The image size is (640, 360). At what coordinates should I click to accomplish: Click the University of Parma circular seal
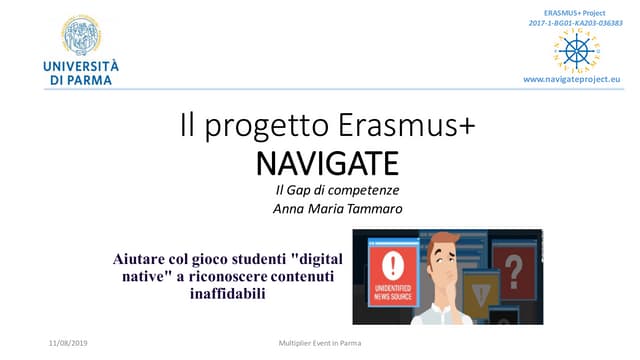pos(79,35)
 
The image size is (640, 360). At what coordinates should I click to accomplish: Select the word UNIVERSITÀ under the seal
pos(78,66)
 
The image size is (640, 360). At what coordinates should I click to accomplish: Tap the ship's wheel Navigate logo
pos(577,49)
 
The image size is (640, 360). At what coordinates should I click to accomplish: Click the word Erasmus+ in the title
pos(397,126)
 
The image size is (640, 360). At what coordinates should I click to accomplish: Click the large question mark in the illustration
pos(513,267)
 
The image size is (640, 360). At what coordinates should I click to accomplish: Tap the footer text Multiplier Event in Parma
pos(319,342)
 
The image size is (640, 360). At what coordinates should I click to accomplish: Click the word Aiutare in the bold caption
pos(140,258)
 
